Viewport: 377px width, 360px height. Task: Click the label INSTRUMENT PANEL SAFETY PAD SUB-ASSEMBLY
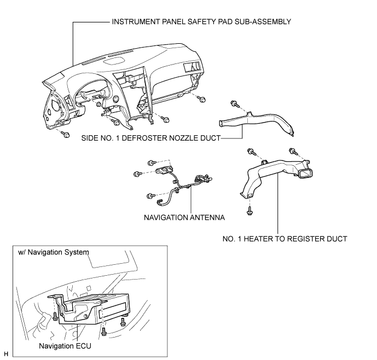click(201, 22)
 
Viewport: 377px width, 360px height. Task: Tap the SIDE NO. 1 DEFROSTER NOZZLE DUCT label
click(151, 138)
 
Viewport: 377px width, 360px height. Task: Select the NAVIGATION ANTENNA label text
click(184, 217)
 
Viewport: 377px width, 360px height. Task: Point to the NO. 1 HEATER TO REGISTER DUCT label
click(285, 239)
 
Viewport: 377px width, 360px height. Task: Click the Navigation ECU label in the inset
click(65, 346)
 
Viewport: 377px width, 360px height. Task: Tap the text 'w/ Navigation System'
click(54, 252)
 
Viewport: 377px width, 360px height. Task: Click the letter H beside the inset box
click(6, 354)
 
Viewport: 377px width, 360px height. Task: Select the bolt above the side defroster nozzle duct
click(235, 104)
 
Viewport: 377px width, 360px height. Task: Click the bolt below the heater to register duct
click(250, 211)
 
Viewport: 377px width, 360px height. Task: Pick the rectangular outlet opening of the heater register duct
click(305, 174)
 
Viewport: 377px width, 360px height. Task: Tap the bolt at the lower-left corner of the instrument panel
click(66, 134)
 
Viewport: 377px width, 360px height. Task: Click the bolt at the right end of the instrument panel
click(201, 99)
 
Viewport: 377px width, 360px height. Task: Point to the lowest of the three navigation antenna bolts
click(150, 196)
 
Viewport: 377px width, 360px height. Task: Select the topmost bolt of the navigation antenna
click(152, 163)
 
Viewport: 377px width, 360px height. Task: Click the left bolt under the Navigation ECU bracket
click(55, 316)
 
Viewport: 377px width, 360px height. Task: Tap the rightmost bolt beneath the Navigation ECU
click(123, 322)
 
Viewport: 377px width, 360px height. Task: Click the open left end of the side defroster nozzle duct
click(221, 123)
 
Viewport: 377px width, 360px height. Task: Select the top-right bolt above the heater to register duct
click(293, 152)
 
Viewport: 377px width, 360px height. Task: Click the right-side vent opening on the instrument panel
click(192, 67)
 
